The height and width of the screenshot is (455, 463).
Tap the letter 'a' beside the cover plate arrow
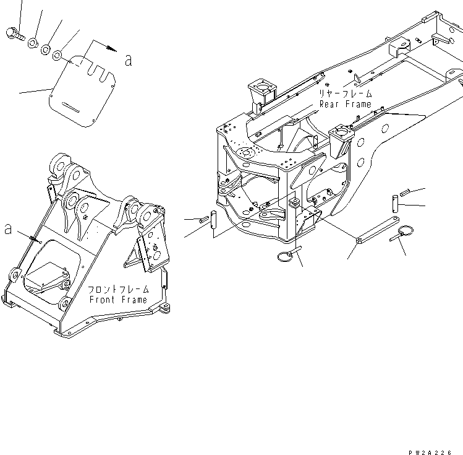pos(128,60)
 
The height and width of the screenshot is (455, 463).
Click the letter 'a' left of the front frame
pos(8,228)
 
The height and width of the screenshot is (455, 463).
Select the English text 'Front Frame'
pos(118,300)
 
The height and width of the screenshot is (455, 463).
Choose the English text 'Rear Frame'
pos(346,104)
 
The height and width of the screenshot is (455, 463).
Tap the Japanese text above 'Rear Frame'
pos(345,94)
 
